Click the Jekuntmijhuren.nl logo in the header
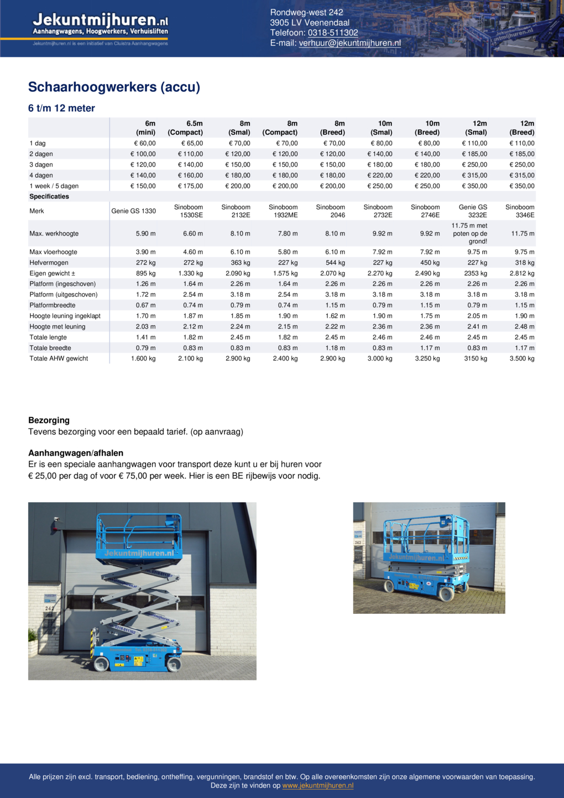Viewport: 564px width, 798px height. (100, 25)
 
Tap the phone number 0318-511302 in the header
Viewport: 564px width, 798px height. (333, 33)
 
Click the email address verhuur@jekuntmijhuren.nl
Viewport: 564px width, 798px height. (349, 43)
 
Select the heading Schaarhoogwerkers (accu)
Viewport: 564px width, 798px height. (114, 87)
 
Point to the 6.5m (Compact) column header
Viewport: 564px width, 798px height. (186, 128)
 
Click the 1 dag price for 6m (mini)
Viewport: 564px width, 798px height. (144, 143)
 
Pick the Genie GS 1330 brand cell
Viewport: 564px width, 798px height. (133, 211)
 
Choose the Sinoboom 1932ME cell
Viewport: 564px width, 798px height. (284, 211)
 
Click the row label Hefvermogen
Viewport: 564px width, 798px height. (49, 263)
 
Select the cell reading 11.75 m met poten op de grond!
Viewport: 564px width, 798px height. (469, 233)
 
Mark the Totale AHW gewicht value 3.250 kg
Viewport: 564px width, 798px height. (428, 358)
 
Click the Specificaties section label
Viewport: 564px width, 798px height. (49, 196)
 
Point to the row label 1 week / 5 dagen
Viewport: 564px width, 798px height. (54, 186)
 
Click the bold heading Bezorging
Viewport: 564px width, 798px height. (49, 420)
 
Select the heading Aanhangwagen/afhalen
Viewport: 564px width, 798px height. (76, 453)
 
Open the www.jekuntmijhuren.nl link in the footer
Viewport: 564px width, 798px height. (318, 785)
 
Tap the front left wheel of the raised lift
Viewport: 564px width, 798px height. (102, 664)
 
